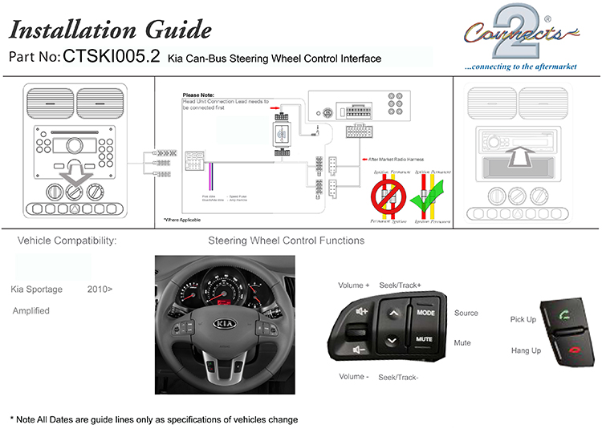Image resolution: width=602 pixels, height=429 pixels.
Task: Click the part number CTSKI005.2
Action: click(112, 57)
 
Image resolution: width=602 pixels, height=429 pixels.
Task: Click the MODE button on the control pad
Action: click(425, 313)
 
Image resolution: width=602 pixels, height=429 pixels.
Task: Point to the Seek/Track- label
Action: click(398, 377)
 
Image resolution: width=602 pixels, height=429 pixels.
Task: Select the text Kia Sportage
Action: click(37, 288)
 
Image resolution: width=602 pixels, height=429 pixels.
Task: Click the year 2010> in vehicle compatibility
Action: click(100, 288)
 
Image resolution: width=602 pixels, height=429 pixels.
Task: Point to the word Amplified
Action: click(31, 310)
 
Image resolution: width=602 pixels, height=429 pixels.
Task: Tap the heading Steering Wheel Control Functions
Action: click(286, 241)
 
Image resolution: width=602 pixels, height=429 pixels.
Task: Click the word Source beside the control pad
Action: click(466, 313)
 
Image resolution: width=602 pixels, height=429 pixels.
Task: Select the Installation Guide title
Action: click(110, 30)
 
